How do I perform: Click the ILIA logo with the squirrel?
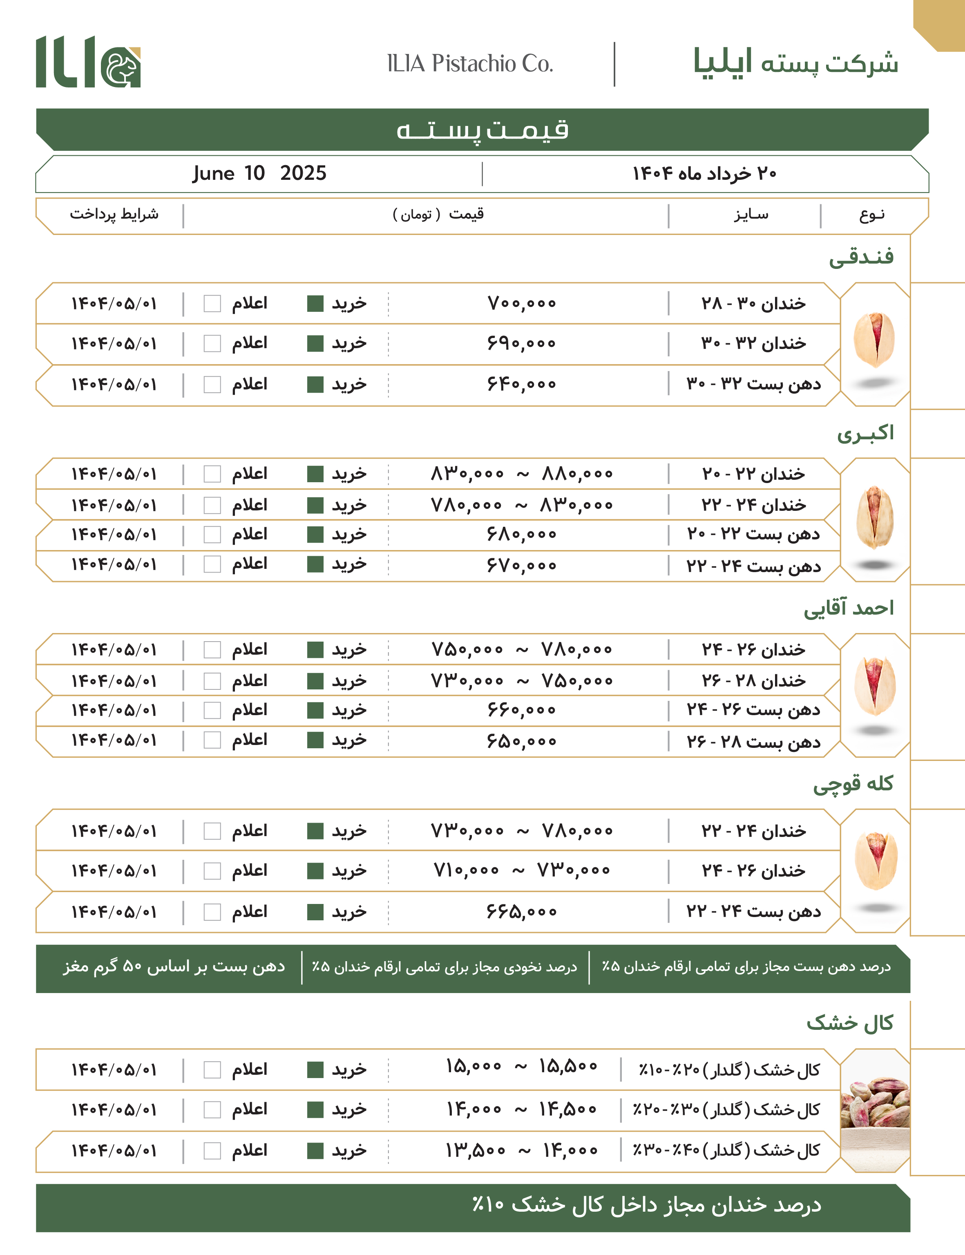(x=88, y=62)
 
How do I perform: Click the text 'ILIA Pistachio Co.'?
(x=470, y=63)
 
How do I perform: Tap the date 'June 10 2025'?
(x=259, y=173)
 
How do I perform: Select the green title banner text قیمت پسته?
(x=482, y=130)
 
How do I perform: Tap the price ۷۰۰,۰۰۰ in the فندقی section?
(x=522, y=303)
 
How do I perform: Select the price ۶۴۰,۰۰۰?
(x=522, y=383)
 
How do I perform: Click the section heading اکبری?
(x=864, y=433)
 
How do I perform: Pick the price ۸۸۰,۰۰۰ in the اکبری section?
(x=577, y=474)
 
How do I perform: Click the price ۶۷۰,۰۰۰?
(x=522, y=565)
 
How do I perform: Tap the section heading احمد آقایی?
(x=849, y=608)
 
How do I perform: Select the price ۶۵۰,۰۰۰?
(x=522, y=741)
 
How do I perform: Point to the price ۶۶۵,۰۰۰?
(x=522, y=911)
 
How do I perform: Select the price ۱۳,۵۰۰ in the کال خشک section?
(x=475, y=1150)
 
